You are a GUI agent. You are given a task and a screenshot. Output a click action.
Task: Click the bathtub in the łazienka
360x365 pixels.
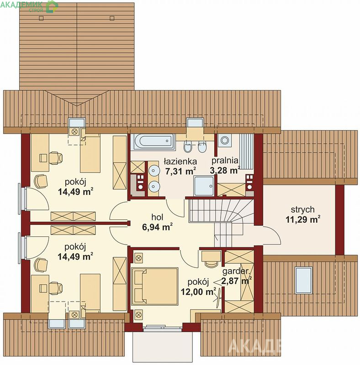tap(154, 141)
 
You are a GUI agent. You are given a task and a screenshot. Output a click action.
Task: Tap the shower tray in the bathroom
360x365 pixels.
tap(204, 186)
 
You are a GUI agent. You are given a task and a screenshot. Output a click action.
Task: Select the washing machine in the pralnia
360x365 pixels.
tap(225, 141)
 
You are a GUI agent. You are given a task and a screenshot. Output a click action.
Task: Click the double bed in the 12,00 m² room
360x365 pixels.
tap(155, 286)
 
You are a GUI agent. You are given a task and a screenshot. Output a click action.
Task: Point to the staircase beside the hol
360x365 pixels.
tap(221, 221)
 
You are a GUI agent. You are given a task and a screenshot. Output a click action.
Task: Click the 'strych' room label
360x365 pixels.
tap(302, 209)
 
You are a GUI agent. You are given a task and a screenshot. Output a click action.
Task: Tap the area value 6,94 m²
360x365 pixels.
tap(157, 227)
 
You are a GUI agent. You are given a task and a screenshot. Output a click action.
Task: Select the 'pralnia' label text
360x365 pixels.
tap(225, 161)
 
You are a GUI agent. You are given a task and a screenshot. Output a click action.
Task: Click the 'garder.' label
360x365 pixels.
tap(236, 271)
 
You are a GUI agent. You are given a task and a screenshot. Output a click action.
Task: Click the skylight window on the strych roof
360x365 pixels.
tap(303, 280)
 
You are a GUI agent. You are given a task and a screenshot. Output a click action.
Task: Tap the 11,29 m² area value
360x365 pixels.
tap(303, 219)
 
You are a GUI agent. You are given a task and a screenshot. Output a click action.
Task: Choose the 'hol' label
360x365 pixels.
tap(157, 217)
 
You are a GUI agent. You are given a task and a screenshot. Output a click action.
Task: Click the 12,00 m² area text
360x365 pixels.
tap(198, 292)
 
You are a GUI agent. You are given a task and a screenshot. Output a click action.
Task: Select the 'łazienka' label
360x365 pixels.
tap(180, 162)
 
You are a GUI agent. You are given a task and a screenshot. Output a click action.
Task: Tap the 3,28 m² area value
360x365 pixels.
tap(225, 170)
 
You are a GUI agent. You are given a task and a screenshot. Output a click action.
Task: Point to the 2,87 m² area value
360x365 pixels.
tap(236, 281)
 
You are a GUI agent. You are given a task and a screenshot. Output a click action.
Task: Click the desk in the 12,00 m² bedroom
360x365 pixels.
tap(211, 256)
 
